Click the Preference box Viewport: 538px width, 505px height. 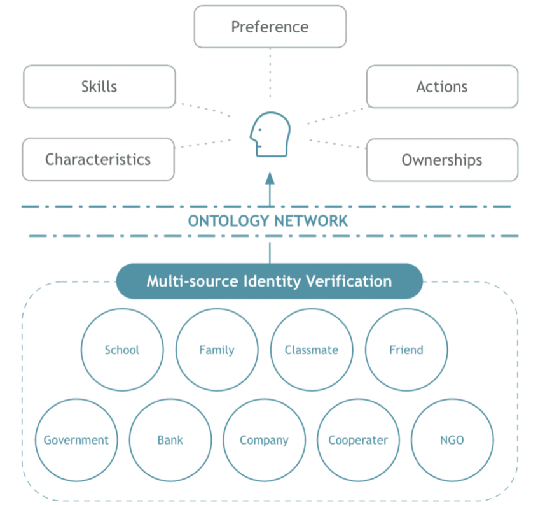point(270,27)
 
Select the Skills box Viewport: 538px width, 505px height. point(99,87)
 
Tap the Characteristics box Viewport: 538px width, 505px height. point(98,159)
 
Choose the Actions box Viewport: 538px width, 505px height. point(442,87)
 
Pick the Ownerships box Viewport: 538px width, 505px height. point(442,159)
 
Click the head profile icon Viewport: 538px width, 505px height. point(270,134)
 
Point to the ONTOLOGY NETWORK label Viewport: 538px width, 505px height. point(268,221)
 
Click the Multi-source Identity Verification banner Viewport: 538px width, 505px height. point(269,281)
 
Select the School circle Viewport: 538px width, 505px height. point(122,350)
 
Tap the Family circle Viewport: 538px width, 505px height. point(217,350)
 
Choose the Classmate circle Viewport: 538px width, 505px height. point(312,350)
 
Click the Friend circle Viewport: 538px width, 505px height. point(406,350)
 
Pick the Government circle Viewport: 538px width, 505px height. point(76,440)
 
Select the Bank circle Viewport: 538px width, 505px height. point(170,440)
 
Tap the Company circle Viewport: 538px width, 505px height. point(264,440)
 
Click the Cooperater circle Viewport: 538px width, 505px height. point(358,440)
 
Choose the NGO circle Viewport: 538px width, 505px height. point(452,440)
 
